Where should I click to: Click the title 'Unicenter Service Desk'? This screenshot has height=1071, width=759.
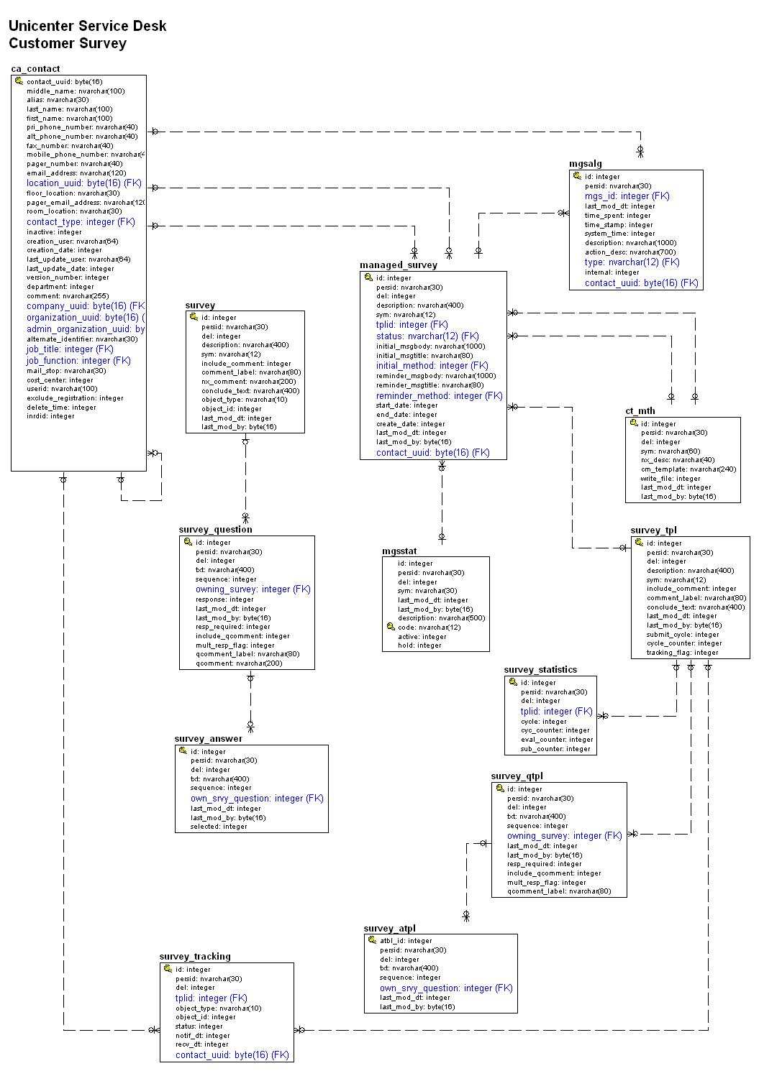tap(87, 26)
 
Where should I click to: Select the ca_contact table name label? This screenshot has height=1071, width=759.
tap(35, 69)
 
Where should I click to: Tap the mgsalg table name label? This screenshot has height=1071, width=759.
tap(585, 164)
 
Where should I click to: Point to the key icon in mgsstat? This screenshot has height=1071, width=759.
tap(391, 627)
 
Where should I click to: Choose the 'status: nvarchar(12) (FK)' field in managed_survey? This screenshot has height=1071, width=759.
tap(427, 336)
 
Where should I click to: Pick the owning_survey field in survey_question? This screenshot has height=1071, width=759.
tap(253, 589)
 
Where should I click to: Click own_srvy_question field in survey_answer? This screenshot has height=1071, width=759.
tap(257, 798)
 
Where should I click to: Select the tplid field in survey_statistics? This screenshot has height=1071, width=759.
tap(556, 711)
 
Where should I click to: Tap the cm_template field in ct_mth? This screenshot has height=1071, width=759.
tap(688, 469)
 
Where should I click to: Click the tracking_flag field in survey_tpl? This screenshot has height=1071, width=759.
tap(682, 653)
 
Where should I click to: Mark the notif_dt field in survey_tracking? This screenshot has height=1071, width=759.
tap(202, 1036)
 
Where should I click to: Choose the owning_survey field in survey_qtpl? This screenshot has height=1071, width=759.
tap(564, 835)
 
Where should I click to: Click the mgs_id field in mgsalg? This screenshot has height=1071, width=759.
tap(627, 196)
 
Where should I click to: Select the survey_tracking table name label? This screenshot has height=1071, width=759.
tap(195, 956)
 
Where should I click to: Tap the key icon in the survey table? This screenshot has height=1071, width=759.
tap(194, 316)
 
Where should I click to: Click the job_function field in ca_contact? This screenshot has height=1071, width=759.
tap(78, 360)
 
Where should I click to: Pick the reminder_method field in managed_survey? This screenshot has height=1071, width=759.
tap(439, 395)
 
